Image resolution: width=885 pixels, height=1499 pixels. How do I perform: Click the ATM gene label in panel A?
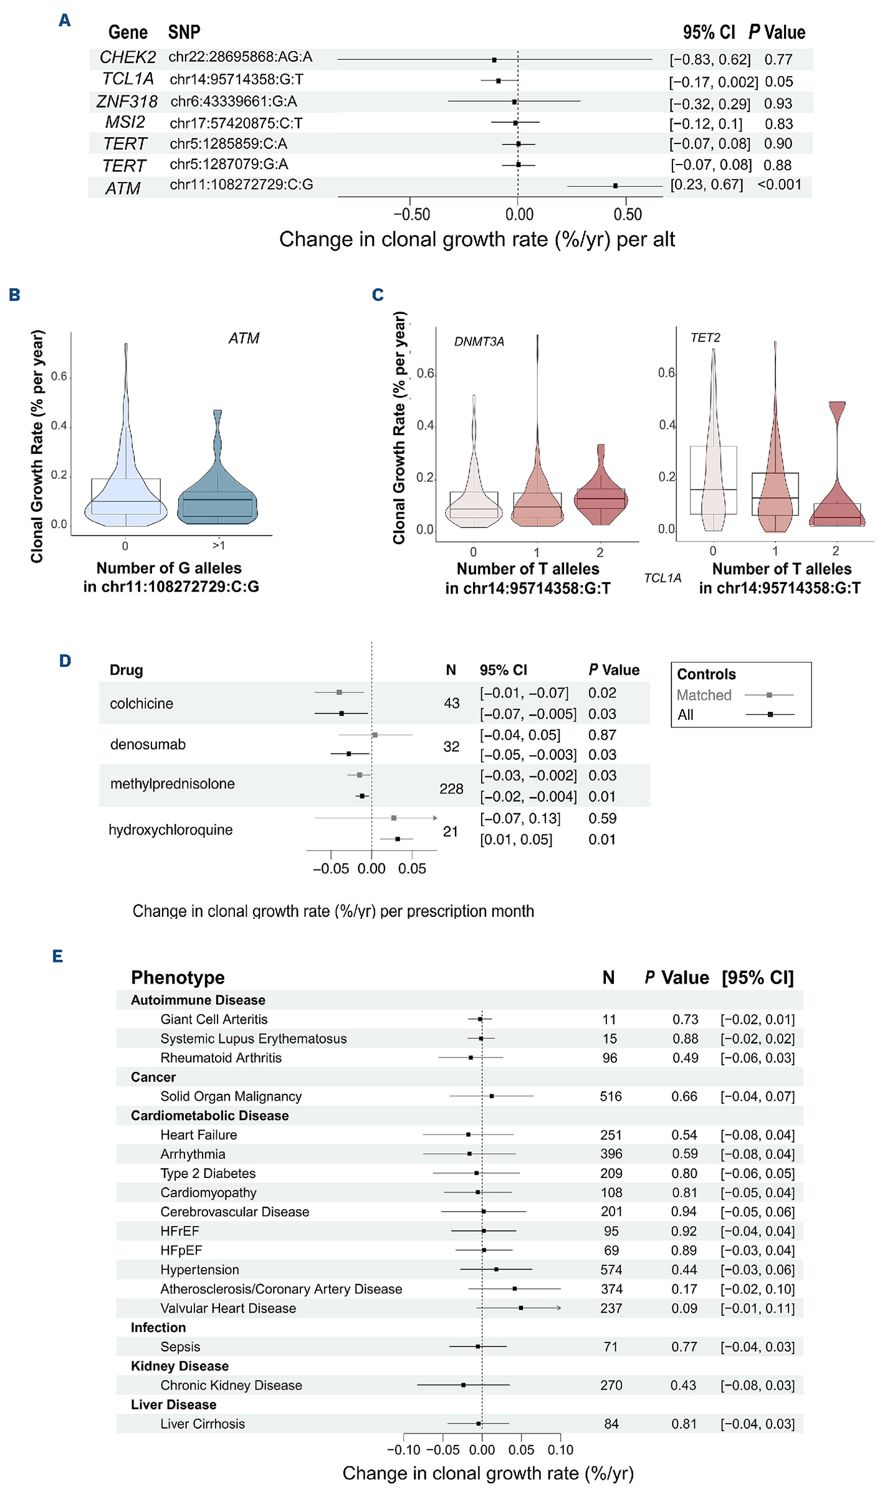tap(123, 188)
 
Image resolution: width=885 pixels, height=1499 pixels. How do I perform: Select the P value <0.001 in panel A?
tap(779, 184)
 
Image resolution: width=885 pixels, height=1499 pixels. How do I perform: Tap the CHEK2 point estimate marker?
tap(494, 60)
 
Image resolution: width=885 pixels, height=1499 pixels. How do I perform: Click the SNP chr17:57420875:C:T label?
tap(236, 123)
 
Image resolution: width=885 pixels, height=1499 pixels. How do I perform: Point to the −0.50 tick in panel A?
tap(411, 214)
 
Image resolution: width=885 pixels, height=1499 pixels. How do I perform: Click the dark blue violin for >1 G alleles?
tap(218, 492)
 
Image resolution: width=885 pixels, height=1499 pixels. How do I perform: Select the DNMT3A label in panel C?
tap(479, 342)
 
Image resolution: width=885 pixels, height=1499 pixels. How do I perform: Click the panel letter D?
tap(65, 661)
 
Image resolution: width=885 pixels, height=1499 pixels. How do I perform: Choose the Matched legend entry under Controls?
tap(704, 695)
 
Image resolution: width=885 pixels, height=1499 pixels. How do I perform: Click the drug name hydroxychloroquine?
tap(170, 830)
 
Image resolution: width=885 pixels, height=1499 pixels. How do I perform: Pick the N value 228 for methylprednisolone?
tap(451, 789)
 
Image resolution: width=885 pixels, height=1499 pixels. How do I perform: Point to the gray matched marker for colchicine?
tap(339, 692)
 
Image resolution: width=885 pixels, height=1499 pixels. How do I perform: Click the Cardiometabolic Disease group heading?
tap(209, 1116)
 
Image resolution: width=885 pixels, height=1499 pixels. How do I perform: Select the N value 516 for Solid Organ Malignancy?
tap(611, 1096)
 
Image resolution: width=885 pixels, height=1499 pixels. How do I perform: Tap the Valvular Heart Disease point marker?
tap(521, 1308)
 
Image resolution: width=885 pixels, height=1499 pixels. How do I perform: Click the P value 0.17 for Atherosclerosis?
tap(684, 1289)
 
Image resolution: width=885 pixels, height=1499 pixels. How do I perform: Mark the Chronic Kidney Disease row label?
tap(231, 1386)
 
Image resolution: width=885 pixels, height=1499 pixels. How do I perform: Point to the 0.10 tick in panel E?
tap(560, 1450)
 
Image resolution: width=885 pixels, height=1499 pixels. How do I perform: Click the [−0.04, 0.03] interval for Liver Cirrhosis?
tap(757, 1424)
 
